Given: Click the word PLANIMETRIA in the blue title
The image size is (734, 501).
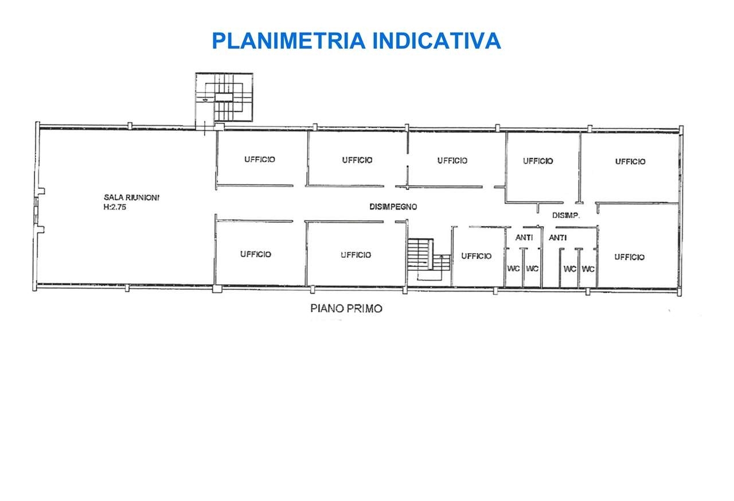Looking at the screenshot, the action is click(288, 41).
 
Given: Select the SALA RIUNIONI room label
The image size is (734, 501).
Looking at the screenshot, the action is click(131, 197).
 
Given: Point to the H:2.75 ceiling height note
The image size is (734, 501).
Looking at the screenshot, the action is click(115, 207).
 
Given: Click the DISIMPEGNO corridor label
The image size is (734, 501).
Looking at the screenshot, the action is click(393, 207).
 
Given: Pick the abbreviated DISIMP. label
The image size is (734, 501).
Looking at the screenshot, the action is click(566, 215).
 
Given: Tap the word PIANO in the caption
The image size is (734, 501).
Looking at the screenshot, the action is click(326, 309).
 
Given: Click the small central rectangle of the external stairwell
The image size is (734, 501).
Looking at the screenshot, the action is click(224, 97).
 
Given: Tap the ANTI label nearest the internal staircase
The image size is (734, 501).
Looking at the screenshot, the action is click(524, 238).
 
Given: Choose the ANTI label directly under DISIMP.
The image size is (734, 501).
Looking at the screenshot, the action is click(558, 238).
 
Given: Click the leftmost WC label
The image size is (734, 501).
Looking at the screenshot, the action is click(513, 269).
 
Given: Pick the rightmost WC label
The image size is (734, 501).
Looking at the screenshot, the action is click(588, 269).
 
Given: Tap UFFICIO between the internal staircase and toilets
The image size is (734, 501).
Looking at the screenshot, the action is click(477, 256).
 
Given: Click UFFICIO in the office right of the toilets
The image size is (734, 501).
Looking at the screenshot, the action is click(630, 257).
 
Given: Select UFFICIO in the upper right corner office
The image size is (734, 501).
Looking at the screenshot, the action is click(630, 161).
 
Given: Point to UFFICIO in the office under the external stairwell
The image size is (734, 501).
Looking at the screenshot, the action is click(260, 160).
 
